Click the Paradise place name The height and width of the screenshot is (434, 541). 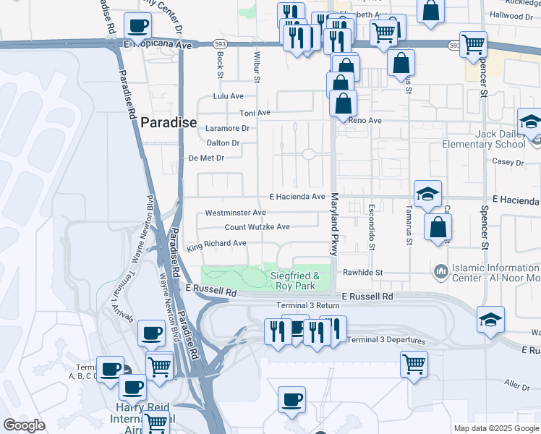coord(168,123)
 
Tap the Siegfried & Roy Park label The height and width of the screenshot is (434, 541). coord(294,281)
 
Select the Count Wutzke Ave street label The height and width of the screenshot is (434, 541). coord(257,227)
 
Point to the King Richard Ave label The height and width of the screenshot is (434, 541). coord(216,244)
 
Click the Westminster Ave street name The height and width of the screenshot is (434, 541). coord(235,213)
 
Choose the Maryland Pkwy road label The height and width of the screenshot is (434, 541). coord(334,224)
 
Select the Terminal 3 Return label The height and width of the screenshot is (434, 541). coord(307,306)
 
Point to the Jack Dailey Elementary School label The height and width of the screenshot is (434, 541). coord(495,139)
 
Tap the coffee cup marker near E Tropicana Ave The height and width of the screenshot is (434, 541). coord(137,25)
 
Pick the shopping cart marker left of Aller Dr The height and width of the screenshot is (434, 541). coord(414,363)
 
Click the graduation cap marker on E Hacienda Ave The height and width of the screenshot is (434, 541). coord(427,193)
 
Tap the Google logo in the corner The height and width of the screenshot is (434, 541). coord(24,425)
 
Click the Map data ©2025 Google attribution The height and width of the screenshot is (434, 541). coord(496,428)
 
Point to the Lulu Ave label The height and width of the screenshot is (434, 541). coord(228,96)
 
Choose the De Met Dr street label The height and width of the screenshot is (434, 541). coord(207,158)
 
